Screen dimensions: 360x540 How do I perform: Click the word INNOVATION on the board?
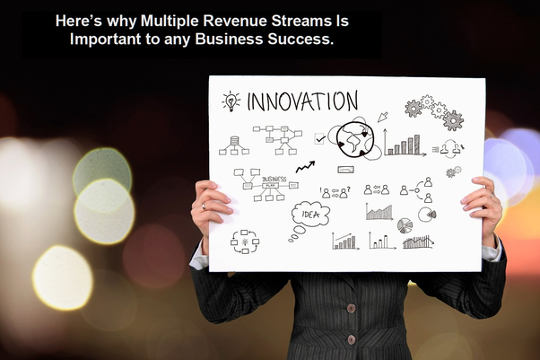(303, 101)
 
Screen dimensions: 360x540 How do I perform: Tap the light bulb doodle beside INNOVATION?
(231, 101)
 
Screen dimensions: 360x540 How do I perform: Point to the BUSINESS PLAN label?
(274, 181)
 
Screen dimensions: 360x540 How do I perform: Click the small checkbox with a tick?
(320, 139)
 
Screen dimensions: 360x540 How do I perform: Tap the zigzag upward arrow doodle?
(305, 166)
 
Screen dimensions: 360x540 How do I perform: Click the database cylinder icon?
(234, 144)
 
